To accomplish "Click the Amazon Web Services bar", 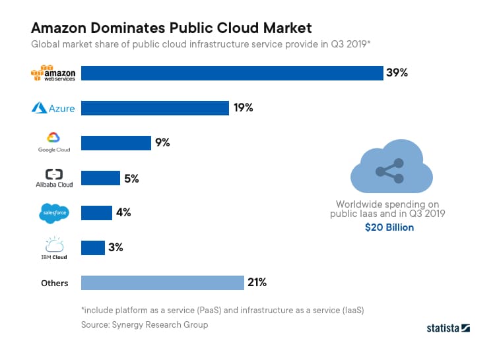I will (x=232, y=73).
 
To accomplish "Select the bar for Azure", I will (x=155, y=107).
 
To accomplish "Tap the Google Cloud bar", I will (x=116, y=142).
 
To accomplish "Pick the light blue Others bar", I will (x=162, y=283).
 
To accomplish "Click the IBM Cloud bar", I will (x=93, y=247).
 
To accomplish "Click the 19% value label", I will (x=243, y=107).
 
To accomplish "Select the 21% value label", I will (x=257, y=283).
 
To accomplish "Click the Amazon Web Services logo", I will (x=53, y=73).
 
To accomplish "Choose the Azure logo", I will (x=53, y=108).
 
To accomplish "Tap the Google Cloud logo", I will (x=53, y=142).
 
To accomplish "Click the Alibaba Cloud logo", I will (x=53, y=178).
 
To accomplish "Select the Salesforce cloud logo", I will (x=53, y=212).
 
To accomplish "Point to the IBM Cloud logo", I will (x=53, y=247).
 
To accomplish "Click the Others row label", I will (x=54, y=283).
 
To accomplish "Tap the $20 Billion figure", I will (x=389, y=227).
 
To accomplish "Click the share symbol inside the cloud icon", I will (x=391, y=171).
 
